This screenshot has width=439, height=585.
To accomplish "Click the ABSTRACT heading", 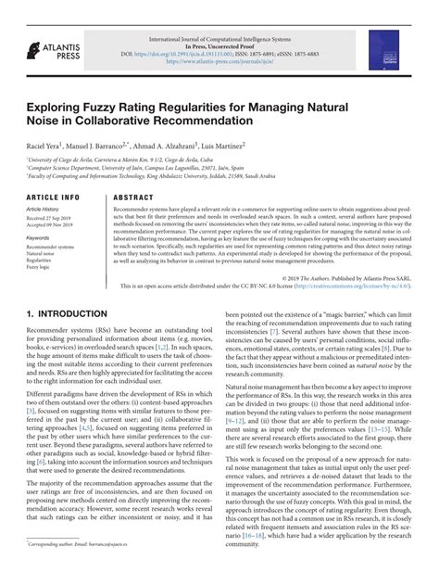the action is (x=132, y=198).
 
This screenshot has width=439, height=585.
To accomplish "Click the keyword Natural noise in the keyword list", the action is (x=43, y=254).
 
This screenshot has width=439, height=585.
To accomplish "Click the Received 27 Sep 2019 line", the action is (x=53, y=218).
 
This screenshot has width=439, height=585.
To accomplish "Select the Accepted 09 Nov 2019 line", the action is (x=54, y=225).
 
